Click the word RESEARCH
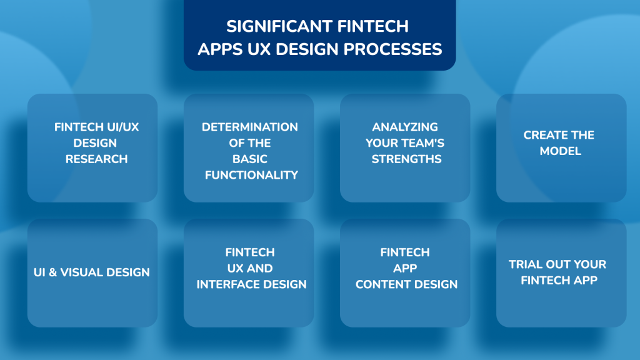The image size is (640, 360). tap(96, 159)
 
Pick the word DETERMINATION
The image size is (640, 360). tap(250, 127)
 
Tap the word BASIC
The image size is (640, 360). tap(250, 159)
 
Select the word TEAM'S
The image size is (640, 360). tap(426, 143)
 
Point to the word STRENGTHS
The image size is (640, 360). tap(406, 159)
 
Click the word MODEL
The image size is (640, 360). tap(561, 151)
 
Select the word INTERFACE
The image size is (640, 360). tap(234, 284)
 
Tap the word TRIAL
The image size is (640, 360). tap(527, 264)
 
